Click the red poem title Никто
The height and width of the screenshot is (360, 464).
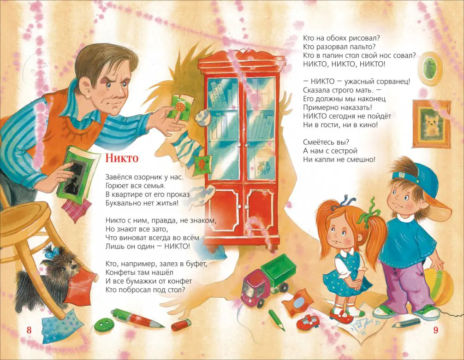coord(122,158)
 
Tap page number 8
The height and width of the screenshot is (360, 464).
coord(29,330)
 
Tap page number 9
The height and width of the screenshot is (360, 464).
coord(435,330)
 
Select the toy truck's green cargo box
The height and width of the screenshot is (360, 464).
coord(279,271)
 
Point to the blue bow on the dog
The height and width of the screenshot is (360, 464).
coord(50,252)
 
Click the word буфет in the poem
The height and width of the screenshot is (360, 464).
coord(195,264)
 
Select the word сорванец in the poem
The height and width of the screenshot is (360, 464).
coord(393,81)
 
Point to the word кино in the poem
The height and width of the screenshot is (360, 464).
coord(369,125)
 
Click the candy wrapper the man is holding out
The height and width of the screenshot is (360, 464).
coord(179,108)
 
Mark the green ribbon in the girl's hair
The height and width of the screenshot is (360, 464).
coord(369,213)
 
